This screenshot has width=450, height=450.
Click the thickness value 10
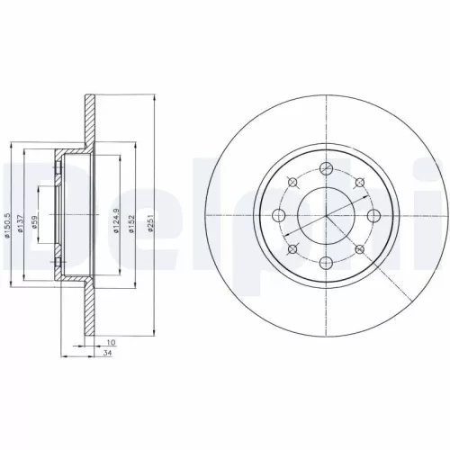coord(111,343)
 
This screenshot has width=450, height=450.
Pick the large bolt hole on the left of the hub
coord(280,215)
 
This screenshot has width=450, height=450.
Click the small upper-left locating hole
coord(291,180)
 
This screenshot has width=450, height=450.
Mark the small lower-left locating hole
coord(290,250)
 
